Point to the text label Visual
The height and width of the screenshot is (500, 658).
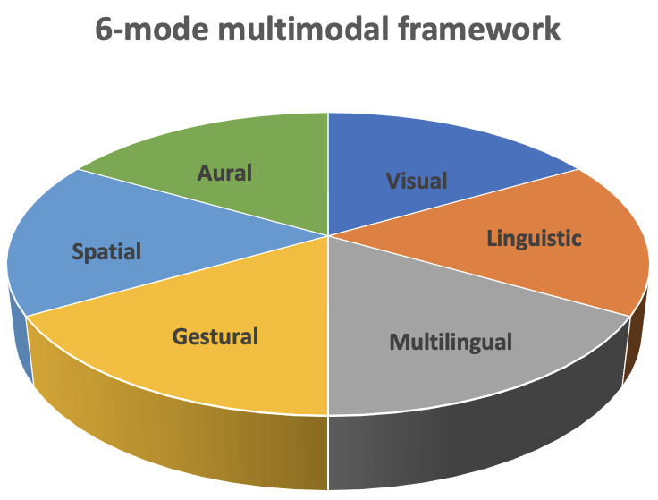point(417,180)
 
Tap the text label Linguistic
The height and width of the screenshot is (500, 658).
point(534,238)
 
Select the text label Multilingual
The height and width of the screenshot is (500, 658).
point(451,341)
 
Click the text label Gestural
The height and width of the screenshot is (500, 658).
point(215,336)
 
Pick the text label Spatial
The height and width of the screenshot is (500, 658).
point(106,251)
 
